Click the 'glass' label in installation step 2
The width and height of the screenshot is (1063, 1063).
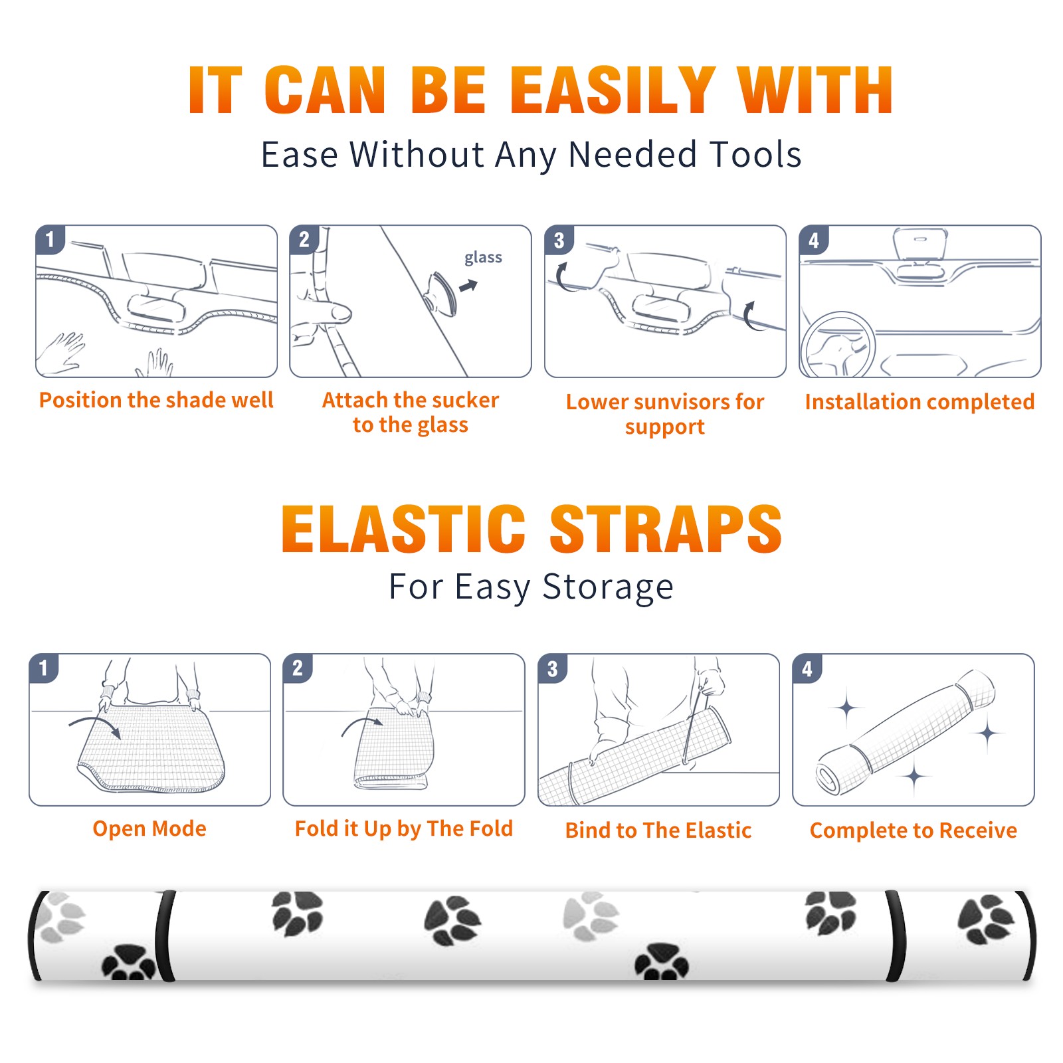click(x=483, y=258)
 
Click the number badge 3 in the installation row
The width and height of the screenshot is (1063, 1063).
click(x=559, y=240)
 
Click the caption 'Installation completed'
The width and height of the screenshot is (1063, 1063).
click(x=919, y=401)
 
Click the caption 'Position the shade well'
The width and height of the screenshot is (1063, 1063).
click(x=156, y=400)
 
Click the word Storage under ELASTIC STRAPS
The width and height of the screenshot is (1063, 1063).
click(x=608, y=587)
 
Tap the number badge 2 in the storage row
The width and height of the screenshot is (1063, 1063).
click(x=298, y=668)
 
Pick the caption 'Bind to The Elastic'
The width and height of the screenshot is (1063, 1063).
click(x=658, y=830)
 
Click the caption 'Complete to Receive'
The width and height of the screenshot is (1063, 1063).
click(x=914, y=830)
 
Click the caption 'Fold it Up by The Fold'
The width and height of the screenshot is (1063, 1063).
click(x=404, y=828)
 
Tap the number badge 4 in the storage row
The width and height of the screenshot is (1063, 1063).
click(x=807, y=668)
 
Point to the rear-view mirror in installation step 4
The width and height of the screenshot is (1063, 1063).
click(x=919, y=244)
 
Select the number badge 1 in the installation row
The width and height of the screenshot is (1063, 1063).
click(x=50, y=239)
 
